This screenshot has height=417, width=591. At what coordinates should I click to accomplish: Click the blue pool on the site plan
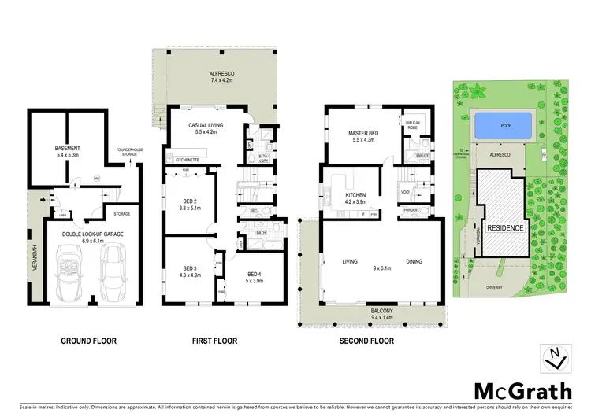[504, 125]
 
